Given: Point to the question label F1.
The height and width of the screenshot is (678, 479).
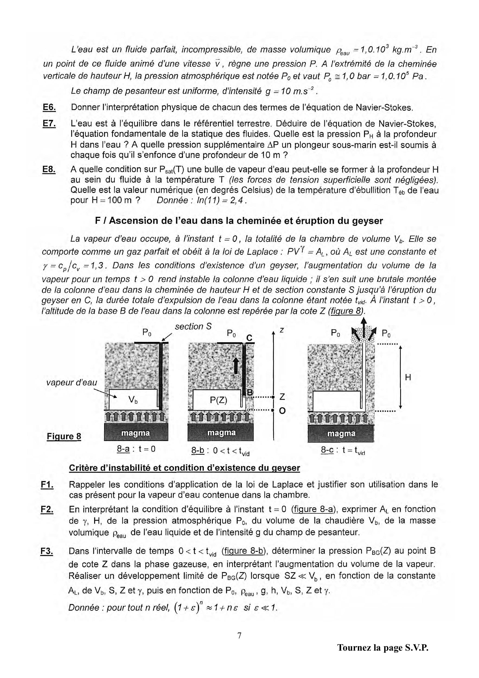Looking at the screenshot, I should pyautogui.click(x=47, y=485).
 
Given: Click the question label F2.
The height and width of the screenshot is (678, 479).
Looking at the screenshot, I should pyautogui.click(x=47, y=509).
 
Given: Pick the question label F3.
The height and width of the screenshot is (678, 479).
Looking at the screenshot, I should pyautogui.click(x=47, y=551).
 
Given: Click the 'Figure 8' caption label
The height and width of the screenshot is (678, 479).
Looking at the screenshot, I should pyautogui.click(x=64, y=436).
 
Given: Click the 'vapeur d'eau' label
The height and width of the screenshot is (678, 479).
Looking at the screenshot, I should pyautogui.click(x=72, y=383).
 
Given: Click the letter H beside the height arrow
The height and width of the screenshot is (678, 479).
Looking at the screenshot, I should pyautogui.click(x=408, y=377).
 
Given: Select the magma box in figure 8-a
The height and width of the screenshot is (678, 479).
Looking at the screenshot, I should pyautogui.click(x=136, y=433).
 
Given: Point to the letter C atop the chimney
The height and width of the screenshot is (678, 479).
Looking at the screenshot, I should pyautogui.click(x=249, y=338).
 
